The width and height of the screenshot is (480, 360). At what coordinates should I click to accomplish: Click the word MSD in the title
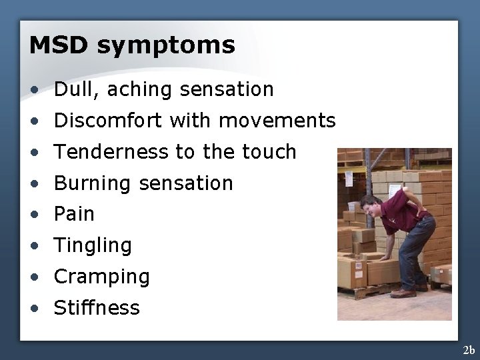(x=59, y=45)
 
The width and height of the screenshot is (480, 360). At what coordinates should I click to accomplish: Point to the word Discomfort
(x=109, y=121)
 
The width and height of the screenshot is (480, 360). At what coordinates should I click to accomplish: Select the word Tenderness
(x=111, y=152)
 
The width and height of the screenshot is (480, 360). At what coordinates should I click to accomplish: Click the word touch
(x=268, y=152)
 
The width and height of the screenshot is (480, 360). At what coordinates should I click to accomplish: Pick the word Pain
(x=74, y=214)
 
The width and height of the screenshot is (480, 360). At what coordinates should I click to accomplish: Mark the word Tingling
(x=93, y=246)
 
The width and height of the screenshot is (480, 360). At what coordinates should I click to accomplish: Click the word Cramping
(x=101, y=277)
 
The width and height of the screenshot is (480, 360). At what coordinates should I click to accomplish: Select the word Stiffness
(x=97, y=308)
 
